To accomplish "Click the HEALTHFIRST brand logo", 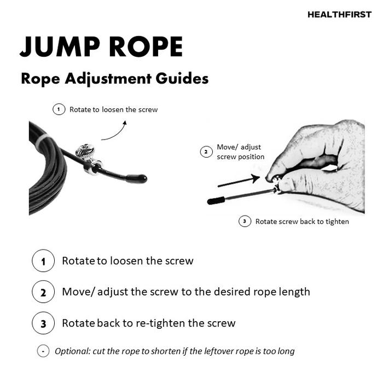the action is pyautogui.click(x=339, y=15).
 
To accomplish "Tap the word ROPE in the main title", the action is pyautogui.click(x=146, y=47).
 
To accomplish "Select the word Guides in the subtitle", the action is pyautogui.click(x=182, y=79).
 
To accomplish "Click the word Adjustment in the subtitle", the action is pyautogui.click(x=108, y=79).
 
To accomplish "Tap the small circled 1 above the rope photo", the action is pyautogui.click(x=59, y=109).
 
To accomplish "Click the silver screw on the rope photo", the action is pyautogui.click(x=85, y=151).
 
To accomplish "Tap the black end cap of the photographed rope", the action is pyautogui.click(x=136, y=178).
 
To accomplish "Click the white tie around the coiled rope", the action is pyautogui.click(x=40, y=142).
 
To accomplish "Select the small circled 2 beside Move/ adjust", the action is pyautogui.click(x=206, y=152).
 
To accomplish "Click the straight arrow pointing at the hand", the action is pyautogui.click(x=239, y=181).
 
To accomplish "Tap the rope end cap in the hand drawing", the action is pyautogui.click(x=216, y=201).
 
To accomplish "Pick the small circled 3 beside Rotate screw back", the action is pyautogui.click(x=245, y=221).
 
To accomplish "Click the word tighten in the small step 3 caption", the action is pyautogui.click(x=338, y=222).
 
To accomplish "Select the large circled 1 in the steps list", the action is pyautogui.click(x=43, y=261).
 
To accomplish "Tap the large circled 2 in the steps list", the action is pyautogui.click(x=43, y=292).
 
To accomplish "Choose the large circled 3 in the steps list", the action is pyautogui.click(x=43, y=323).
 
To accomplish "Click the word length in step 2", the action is pyautogui.click(x=294, y=292).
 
